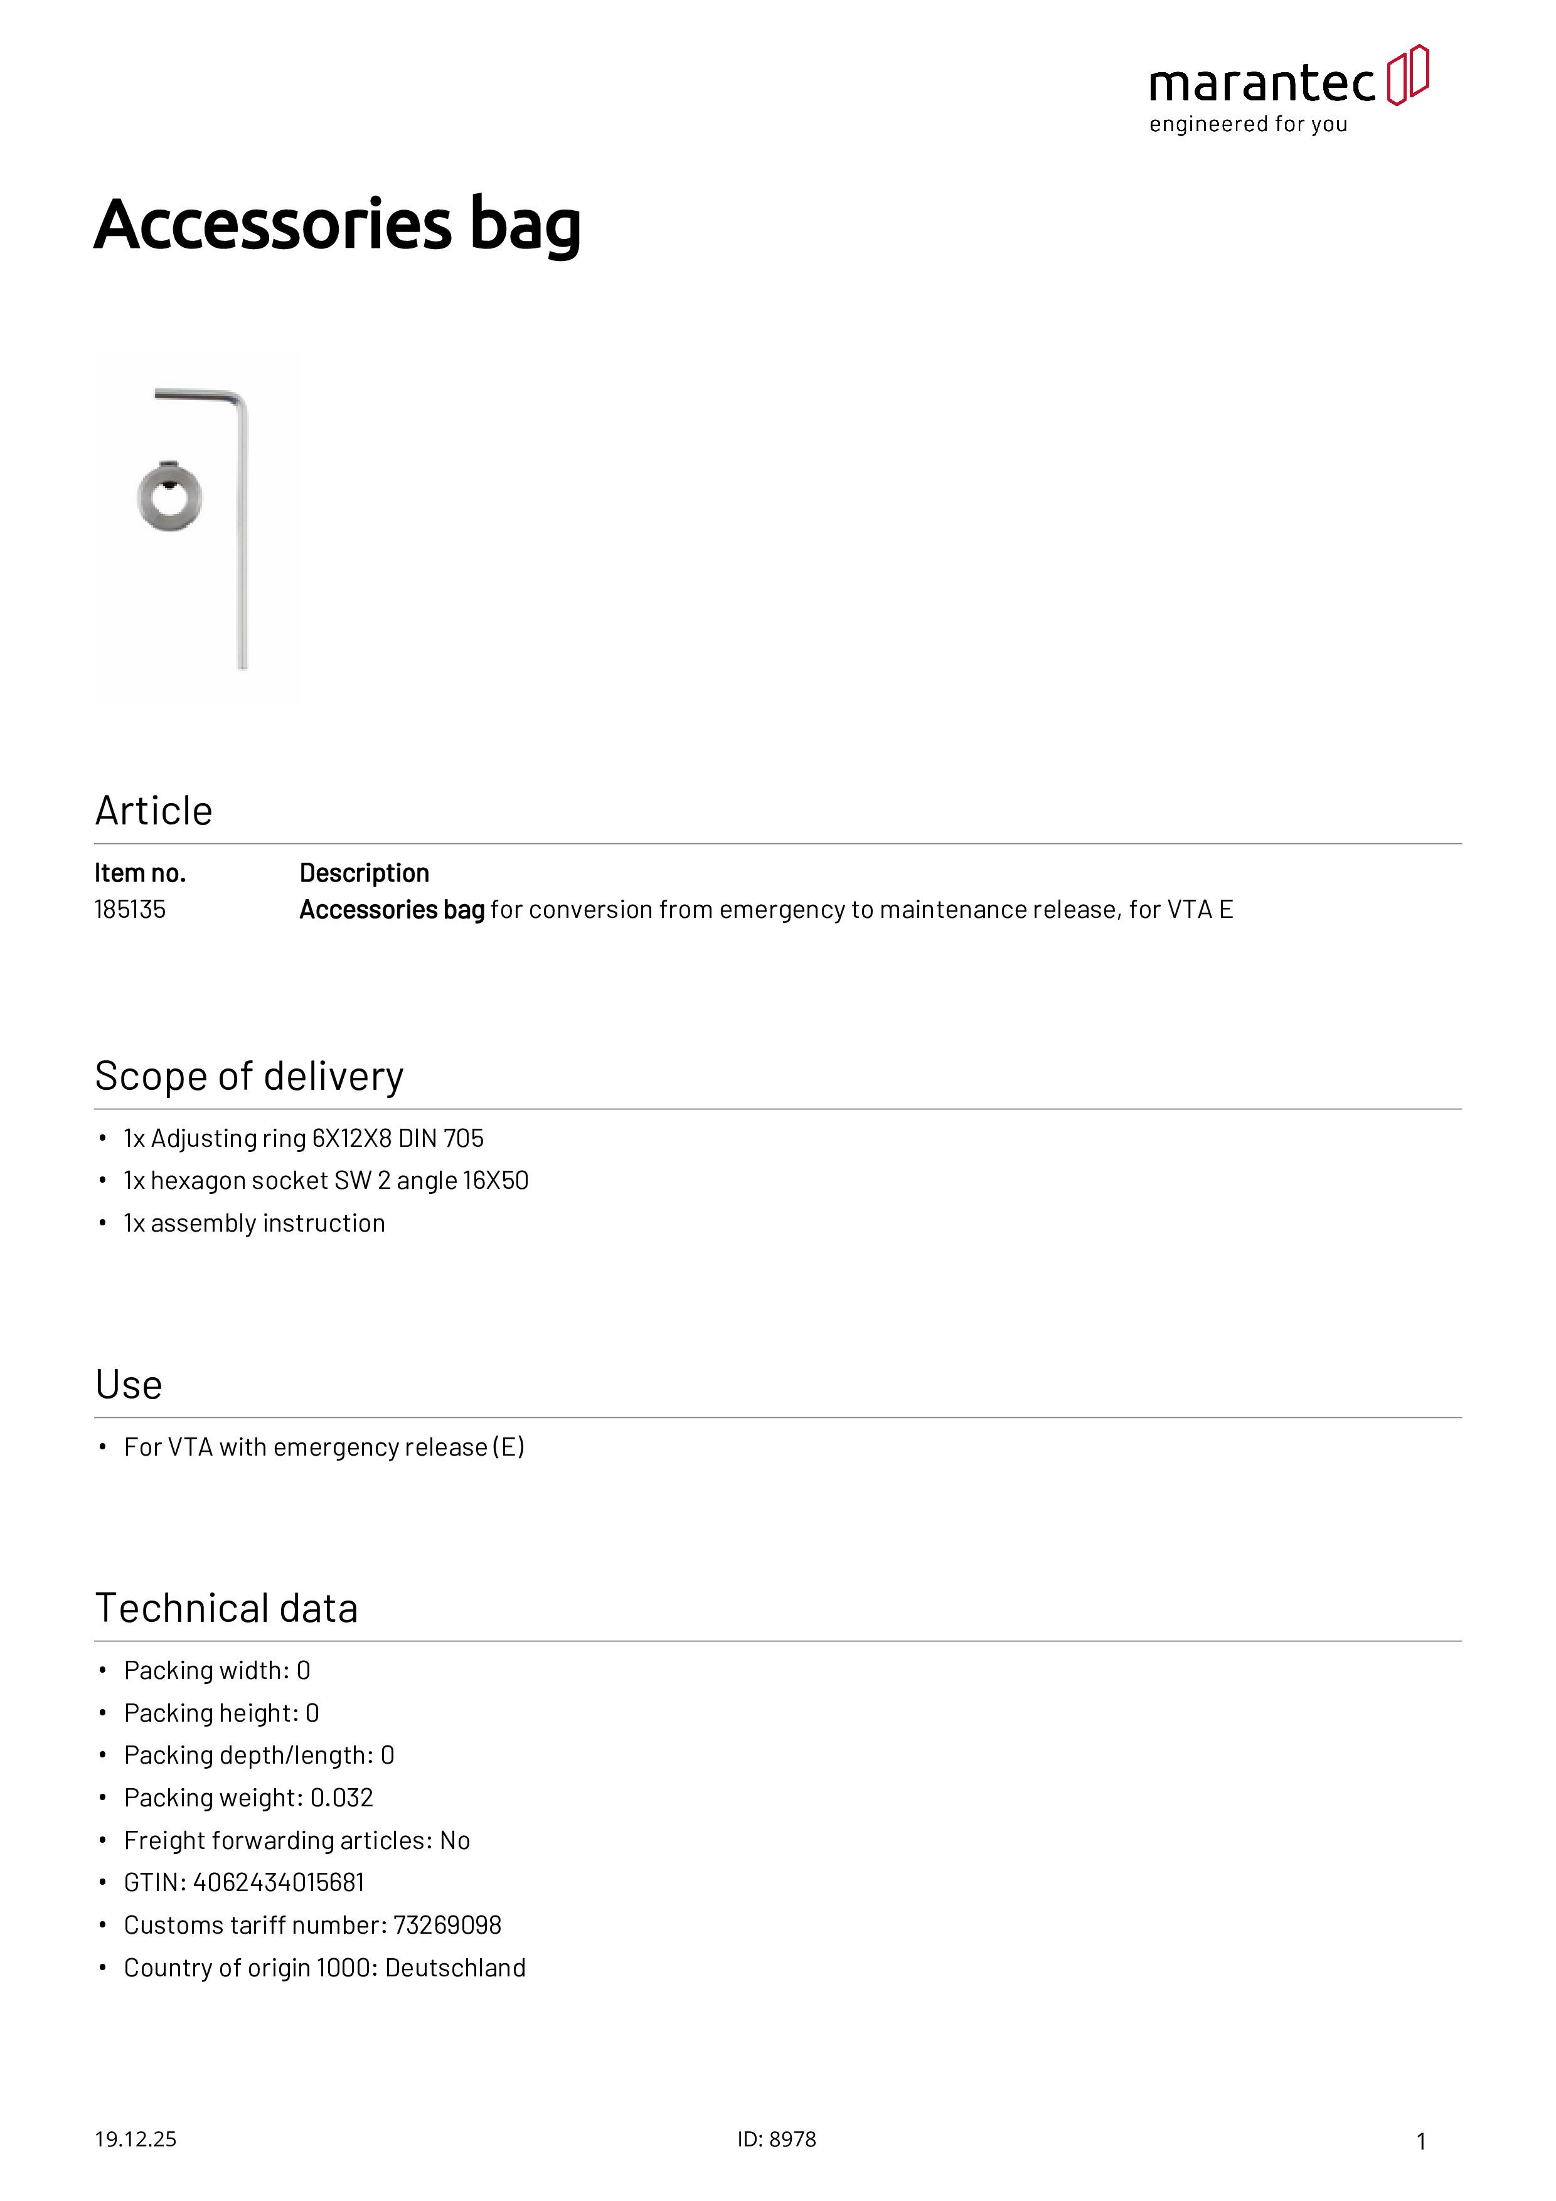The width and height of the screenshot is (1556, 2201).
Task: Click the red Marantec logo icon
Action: (x=1407, y=75)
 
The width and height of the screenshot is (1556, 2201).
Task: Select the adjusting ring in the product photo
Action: (x=169, y=496)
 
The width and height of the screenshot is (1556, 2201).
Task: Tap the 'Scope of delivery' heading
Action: (x=249, y=1077)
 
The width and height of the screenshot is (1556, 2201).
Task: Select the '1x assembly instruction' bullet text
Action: (x=254, y=1223)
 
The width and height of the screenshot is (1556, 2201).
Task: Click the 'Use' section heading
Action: (x=129, y=1385)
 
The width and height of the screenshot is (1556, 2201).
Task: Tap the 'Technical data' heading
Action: (x=226, y=1609)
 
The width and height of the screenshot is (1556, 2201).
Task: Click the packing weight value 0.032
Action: (x=341, y=1798)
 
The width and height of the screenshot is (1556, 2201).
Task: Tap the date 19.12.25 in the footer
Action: (x=135, y=2139)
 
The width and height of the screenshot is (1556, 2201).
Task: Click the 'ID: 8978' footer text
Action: (x=777, y=2139)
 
